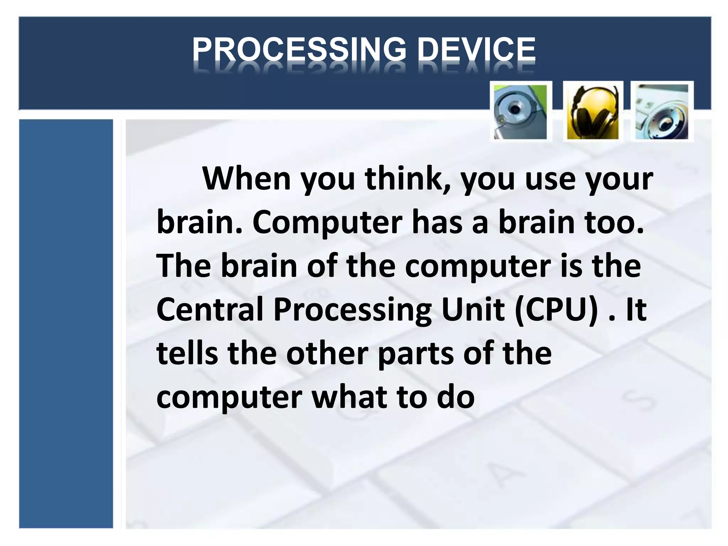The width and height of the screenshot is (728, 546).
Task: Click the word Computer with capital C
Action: (327, 223)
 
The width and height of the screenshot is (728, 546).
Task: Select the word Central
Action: (210, 309)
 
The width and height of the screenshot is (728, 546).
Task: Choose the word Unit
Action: (473, 309)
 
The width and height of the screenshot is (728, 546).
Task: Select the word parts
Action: (415, 354)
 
